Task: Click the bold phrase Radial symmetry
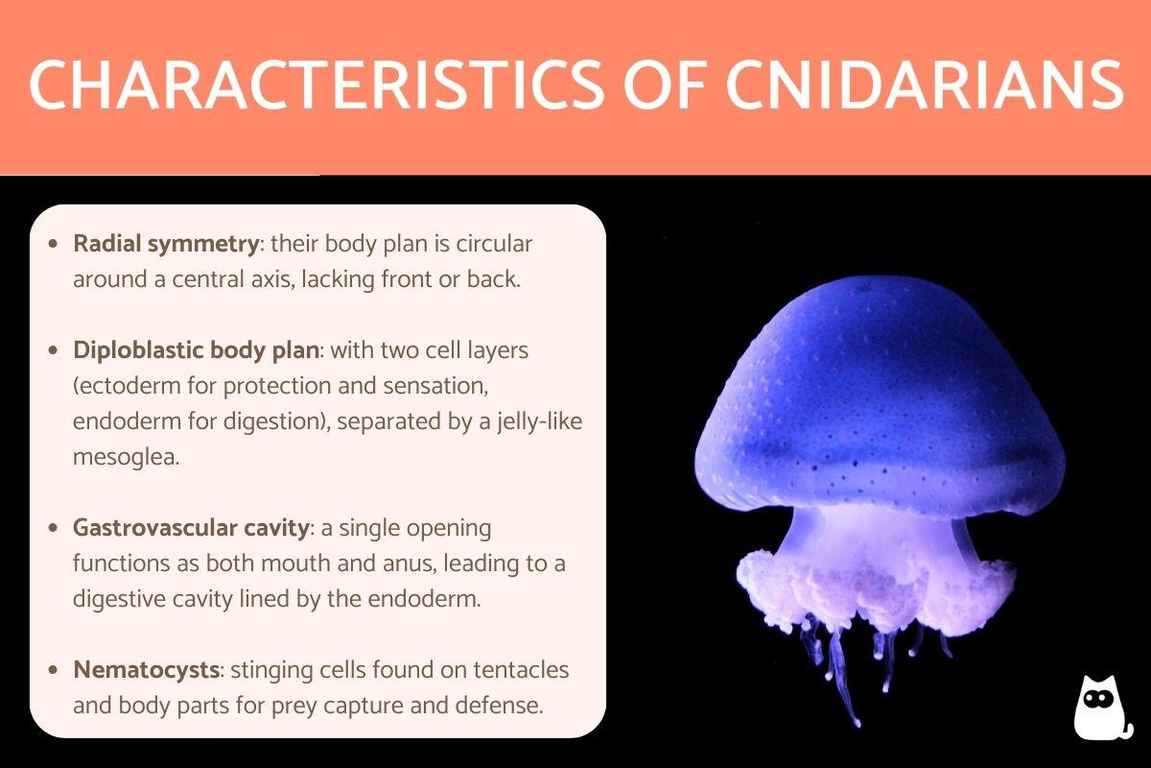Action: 166,244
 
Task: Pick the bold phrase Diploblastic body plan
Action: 200,350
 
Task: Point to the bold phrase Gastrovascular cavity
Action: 192,528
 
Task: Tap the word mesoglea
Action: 126,457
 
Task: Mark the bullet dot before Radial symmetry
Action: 53,244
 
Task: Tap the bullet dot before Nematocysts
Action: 53,669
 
